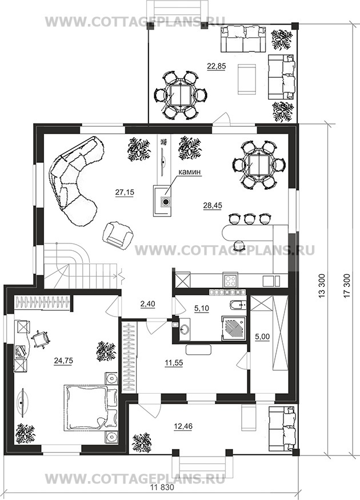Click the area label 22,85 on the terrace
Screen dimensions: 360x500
click(217, 66)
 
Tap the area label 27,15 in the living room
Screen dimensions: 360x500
click(125, 192)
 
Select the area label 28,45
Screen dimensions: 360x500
click(213, 206)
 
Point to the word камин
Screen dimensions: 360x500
click(189, 172)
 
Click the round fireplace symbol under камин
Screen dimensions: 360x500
click(165, 202)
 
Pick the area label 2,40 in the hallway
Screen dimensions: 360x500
click(147, 304)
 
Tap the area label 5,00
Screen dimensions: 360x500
click(263, 337)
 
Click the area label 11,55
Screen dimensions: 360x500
click(174, 363)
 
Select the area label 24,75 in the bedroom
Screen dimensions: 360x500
click(63, 361)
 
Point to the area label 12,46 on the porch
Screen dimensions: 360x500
click(183, 426)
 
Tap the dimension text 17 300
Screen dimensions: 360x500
click(347, 285)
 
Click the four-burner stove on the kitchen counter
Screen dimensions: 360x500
click(230, 280)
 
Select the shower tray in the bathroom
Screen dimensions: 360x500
click(234, 329)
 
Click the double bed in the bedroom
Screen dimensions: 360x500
click(91, 409)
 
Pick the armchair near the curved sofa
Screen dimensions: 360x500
click(117, 234)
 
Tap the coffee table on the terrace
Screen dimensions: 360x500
click(246, 79)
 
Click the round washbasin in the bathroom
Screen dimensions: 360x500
click(185, 329)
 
